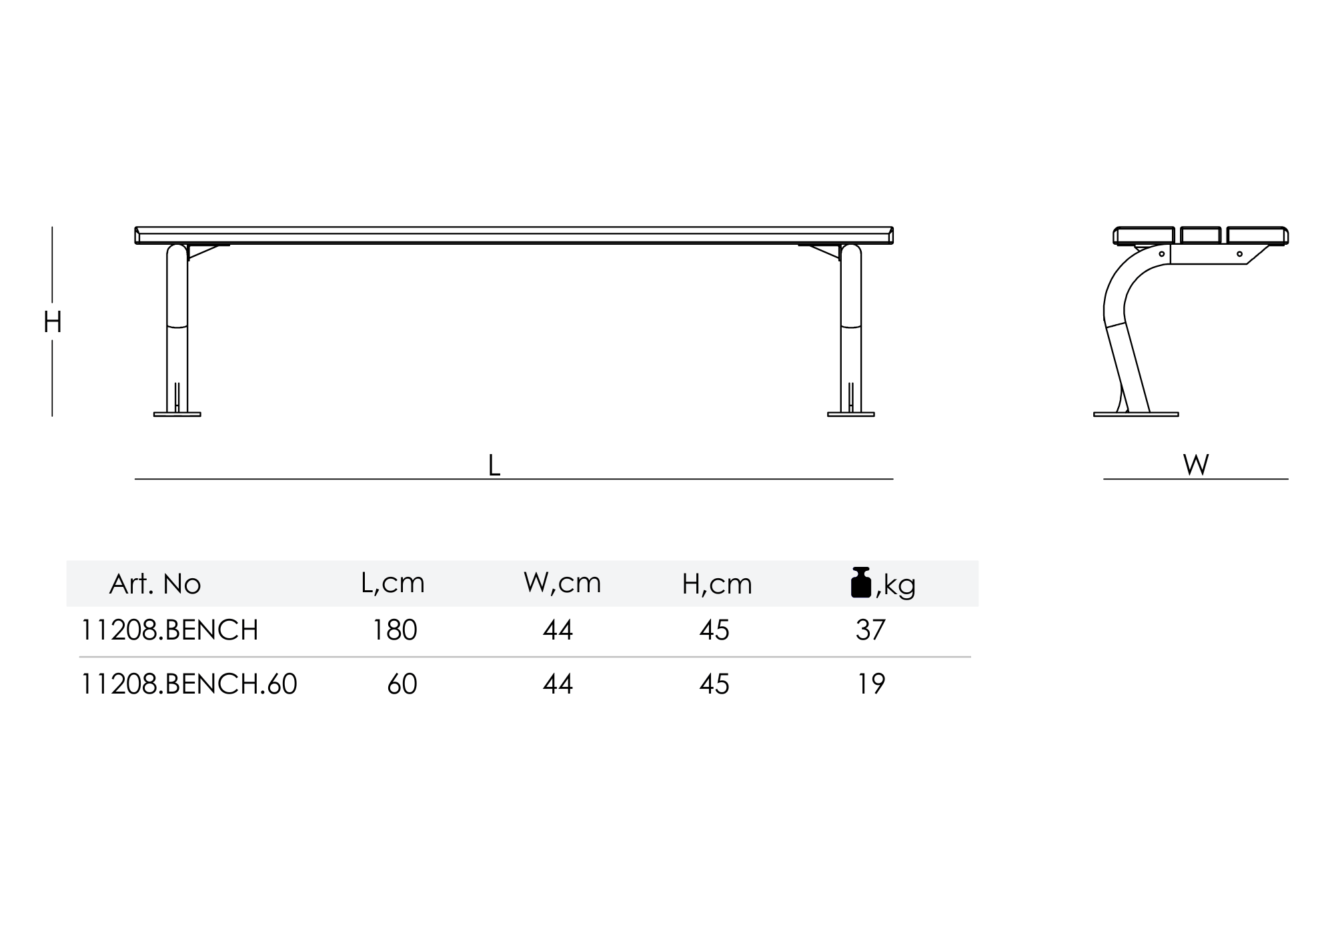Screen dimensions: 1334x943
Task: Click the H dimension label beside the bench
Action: pos(52,323)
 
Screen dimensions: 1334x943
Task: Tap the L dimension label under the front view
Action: pos(494,465)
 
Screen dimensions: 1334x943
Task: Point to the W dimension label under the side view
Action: pos(1196,465)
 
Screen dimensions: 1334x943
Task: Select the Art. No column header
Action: pos(155,584)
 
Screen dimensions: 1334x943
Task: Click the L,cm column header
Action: pos(392,583)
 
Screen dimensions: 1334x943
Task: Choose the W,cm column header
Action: pos(562,583)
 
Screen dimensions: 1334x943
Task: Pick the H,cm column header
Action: pos(717,584)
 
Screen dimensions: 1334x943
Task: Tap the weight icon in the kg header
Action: pos(861,582)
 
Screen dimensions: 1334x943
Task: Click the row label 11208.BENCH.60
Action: pos(189,684)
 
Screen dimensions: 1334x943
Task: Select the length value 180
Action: pos(395,630)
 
